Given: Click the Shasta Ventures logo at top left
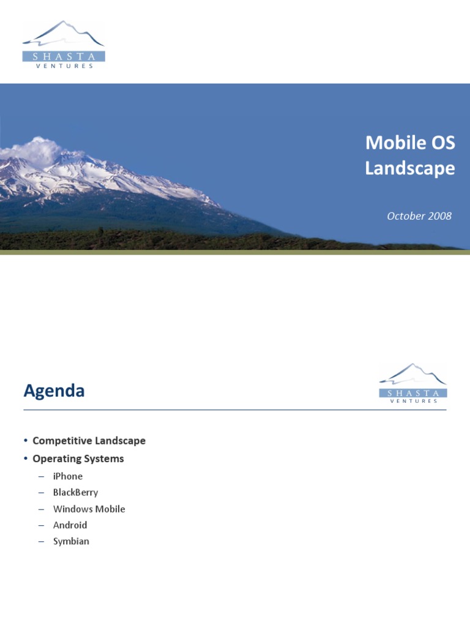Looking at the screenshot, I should (64, 44).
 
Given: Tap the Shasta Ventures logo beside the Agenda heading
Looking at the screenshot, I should (412, 384).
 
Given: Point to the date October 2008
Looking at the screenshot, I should (419, 216).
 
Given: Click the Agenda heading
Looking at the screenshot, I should (54, 391).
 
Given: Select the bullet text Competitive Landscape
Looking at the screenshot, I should (89, 440).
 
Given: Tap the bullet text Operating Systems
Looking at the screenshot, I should (78, 459).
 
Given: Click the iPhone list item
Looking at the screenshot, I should (67, 476).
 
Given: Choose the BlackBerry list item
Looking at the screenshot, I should (75, 492).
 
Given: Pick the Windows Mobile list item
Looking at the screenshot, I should (89, 509).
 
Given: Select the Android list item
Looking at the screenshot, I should (70, 525).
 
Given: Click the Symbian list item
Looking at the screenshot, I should (71, 541).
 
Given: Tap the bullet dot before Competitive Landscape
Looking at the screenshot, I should (26, 441).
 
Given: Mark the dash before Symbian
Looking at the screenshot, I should (41, 542).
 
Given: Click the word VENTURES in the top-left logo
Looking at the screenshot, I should (64, 66).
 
